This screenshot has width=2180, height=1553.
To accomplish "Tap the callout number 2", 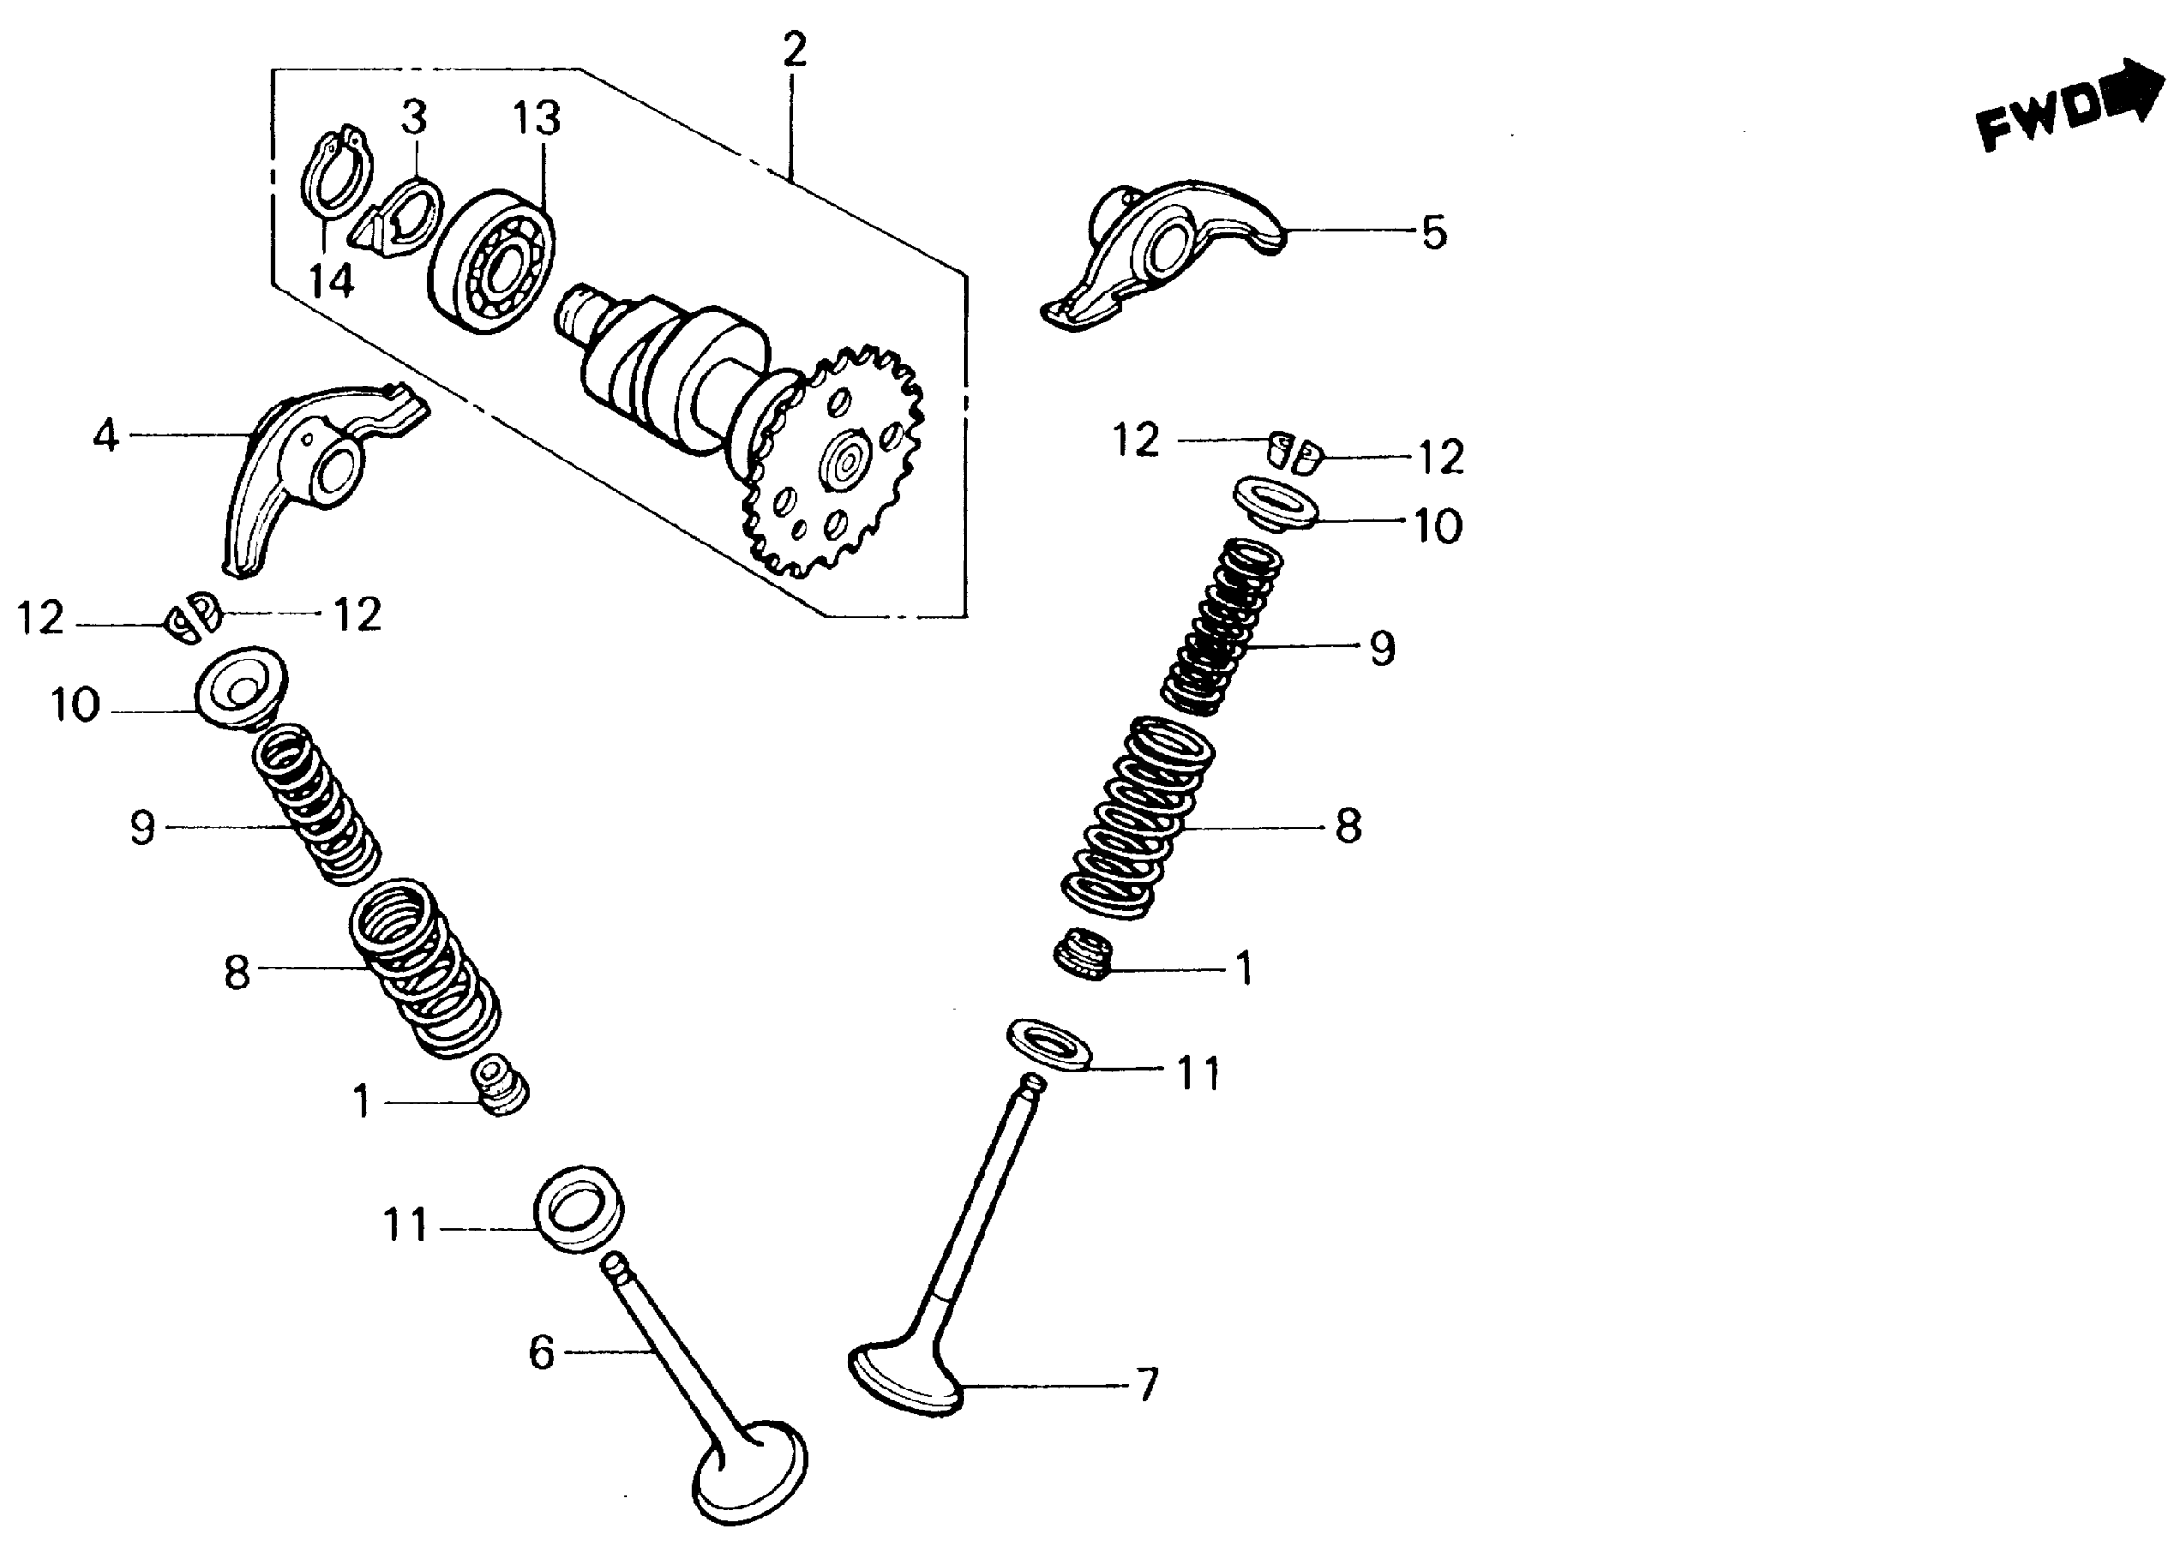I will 794,49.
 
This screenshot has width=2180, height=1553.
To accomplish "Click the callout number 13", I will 535,119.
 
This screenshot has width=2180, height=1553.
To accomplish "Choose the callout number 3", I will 413,118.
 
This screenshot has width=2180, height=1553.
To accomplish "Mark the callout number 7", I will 1146,1384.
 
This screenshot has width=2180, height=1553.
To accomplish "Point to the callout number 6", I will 542,1352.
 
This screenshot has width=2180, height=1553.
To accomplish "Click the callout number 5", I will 1433,232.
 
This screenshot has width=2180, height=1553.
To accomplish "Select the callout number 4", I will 105,436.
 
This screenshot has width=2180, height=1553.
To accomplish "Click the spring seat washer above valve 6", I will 578,1209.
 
